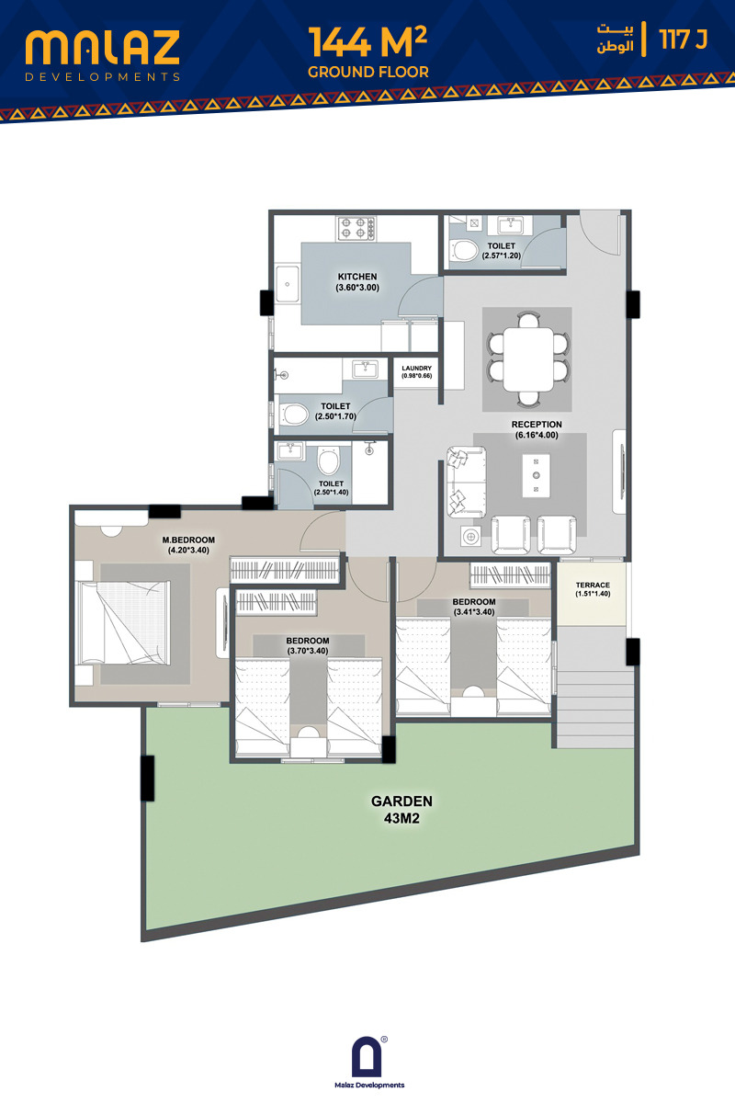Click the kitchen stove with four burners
(x=356, y=229)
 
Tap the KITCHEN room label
(x=357, y=277)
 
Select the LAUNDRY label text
(x=416, y=369)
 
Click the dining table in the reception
(x=528, y=358)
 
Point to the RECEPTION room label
(x=537, y=425)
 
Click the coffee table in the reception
(x=537, y=475)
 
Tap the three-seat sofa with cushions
(x=466, y=482)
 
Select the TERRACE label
(x=593, y=585)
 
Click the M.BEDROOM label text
(x=188, y=540)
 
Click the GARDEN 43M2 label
(x=401, y=810)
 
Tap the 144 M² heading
(x=367, y=42)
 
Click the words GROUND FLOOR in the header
(x=368, y=72)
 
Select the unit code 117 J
(x=684, y=40)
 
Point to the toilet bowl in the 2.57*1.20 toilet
(x=463, y=250)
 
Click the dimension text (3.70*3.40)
(x=308, y=651)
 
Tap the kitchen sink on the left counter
(x=287, y=284)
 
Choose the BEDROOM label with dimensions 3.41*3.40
(x=474, y=607)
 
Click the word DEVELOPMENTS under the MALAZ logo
(x=102, y=77)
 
